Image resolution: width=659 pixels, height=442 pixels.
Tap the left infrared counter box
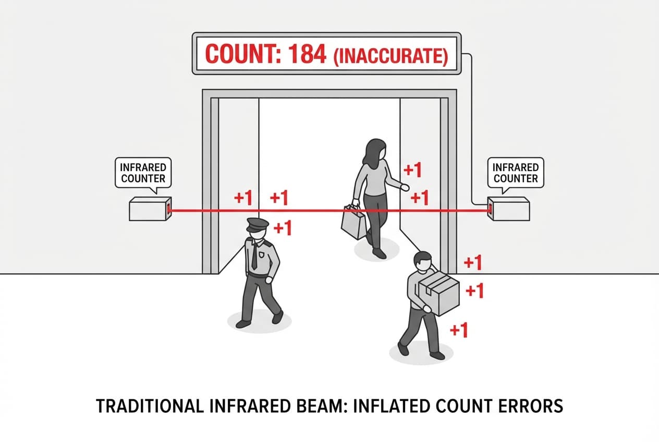(150, 210)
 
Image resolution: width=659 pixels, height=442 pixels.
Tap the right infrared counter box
(508, 209)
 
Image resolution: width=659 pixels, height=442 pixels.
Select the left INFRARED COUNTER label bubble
(143, 173)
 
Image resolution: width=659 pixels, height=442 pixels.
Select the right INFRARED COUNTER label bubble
(515, 173)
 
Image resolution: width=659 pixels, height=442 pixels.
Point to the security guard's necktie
(254, 255)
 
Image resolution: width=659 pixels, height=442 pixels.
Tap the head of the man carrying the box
(422, 262)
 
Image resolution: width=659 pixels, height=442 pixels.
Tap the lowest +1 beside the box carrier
(458, 330)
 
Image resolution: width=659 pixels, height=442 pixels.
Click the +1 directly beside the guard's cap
(282, 228)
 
